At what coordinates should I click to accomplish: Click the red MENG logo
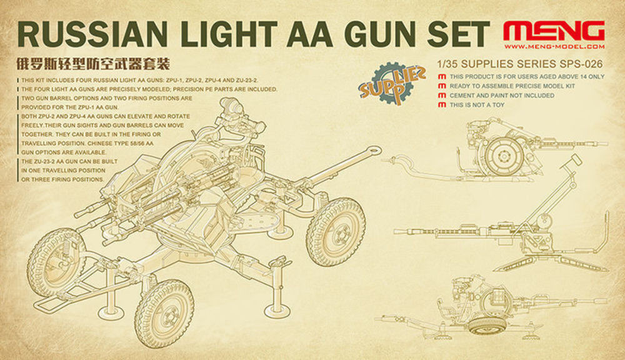pyautogui.click(x=554, y=31)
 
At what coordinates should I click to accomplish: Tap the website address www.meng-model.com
pyautogui.click(x=554, y=47)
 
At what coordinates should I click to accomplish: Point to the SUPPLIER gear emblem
pyautogui.click(x=388, y=83)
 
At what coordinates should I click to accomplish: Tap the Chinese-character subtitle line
pyautogui.click(x=92, y=64)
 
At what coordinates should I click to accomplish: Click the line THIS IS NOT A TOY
pyautogui.click(x=477, y=105)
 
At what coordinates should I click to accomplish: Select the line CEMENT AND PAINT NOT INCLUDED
pyautogui.click(x=502, y=96)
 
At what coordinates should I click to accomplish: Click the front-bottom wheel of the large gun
pyautogui.click(x=164, y=308)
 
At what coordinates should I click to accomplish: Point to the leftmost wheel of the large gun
pyautogui.click(x=55, y=262)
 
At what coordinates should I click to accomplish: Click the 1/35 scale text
pyautogui.click(x=446, y=64)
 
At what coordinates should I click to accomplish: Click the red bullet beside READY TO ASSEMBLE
pyautogui.click(x=442, y=86)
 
